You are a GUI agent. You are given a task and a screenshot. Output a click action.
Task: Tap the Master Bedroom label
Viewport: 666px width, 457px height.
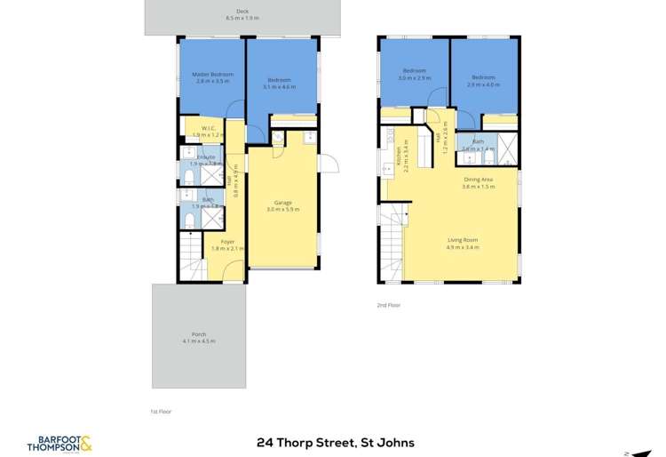tap(210, 74)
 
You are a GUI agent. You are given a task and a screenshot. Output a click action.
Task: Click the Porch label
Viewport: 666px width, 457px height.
tap(198, 334)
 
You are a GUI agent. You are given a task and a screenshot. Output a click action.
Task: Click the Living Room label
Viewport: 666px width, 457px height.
tap(463, 240)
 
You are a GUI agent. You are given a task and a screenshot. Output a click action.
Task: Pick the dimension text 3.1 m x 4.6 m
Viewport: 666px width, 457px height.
tap(282, 86)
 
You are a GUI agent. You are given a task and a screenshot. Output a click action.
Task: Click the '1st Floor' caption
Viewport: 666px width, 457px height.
tap(161, 413)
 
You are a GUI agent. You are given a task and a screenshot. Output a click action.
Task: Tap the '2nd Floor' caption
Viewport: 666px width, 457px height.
tap(389, 305)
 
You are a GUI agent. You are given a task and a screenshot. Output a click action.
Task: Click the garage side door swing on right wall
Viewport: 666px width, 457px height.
tap(328, 164)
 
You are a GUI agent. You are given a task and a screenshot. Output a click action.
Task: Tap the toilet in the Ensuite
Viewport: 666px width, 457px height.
tap(189, 176)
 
